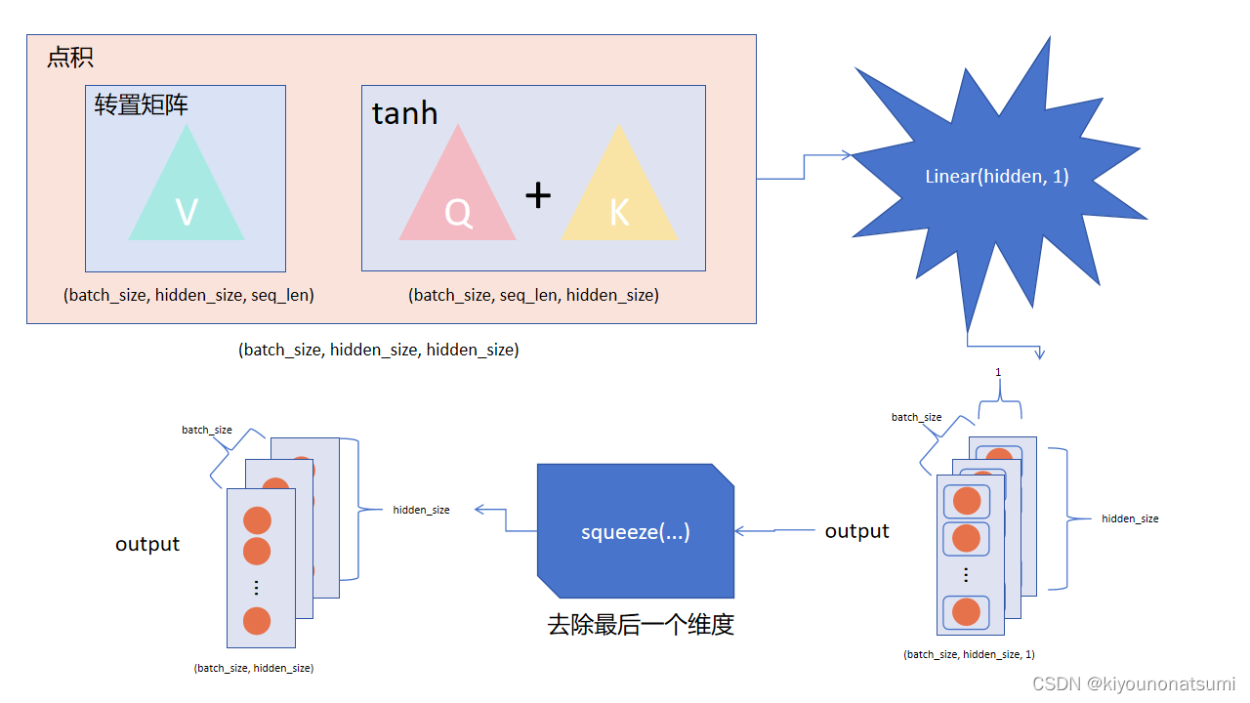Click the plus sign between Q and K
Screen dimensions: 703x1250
click(538, 196)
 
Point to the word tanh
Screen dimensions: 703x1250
click(404, 114)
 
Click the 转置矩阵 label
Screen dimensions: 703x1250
click(142, 104)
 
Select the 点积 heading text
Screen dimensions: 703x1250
click(70, 58)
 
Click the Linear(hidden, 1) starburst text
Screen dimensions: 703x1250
click(997, 177)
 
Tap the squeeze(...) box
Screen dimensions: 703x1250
click(636, 532)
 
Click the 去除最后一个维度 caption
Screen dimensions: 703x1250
click(641, 625)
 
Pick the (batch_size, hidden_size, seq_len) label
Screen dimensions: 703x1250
click(188, 295)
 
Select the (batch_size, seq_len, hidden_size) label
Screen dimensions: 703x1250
click(533, 295)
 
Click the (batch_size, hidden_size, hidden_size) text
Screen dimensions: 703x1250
click(378, 350)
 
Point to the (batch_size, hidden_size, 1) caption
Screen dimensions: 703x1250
click(969, 654)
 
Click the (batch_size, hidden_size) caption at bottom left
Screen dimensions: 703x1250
click(254, 668)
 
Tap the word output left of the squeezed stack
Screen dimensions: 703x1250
click(147, 544)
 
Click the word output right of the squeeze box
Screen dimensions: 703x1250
click(856, 531)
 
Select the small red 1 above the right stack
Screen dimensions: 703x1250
click(998, 372)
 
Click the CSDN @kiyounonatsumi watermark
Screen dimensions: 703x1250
click(1133, 683)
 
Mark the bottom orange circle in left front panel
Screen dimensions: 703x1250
click(257, 621)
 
